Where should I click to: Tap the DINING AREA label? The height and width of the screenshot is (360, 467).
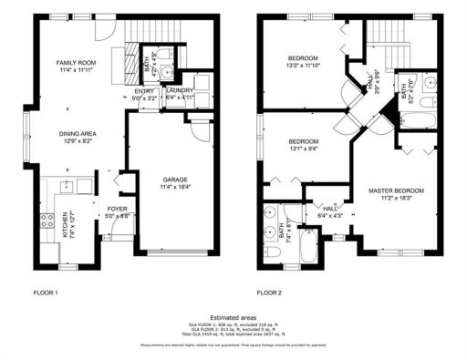click(x=78, y=134)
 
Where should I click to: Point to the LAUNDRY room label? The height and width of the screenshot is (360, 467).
click(x=177, y=91)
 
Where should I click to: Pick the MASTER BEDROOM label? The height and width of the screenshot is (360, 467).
click(x=396, y=190)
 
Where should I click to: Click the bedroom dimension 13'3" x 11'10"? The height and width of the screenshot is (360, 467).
click(x=303, y=66)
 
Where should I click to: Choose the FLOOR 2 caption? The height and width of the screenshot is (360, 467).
click(x=270, y=293)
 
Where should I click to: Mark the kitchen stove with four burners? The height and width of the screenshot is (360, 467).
click(x=42, y=220)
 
